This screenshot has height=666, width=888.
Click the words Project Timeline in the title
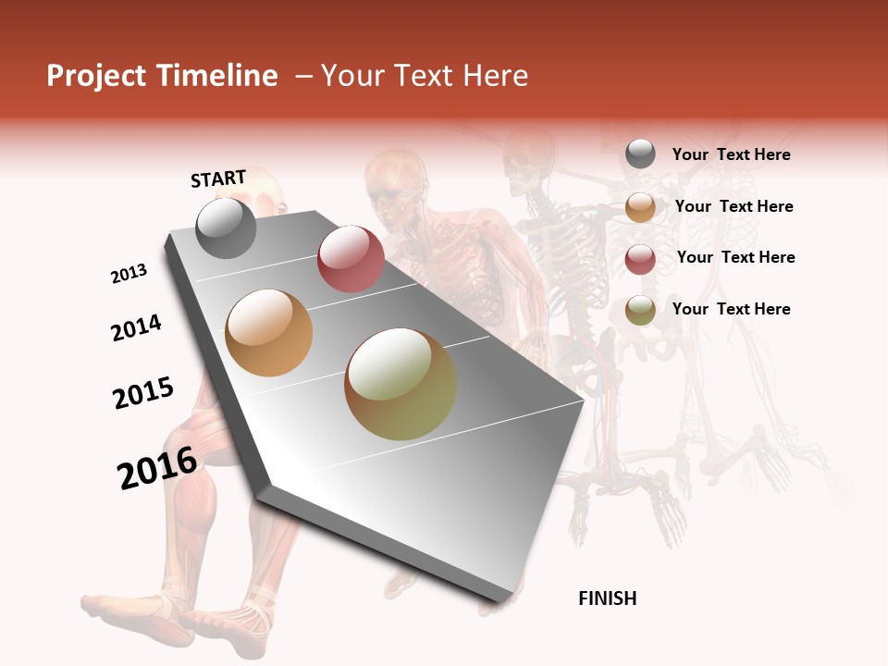[162, 76]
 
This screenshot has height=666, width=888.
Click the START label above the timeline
[218, 179]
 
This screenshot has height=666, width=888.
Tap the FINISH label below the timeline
[607, 598]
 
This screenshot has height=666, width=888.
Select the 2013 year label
[129, 274]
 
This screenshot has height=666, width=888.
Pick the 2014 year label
[136, 327]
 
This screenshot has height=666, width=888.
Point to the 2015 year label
[143, 392]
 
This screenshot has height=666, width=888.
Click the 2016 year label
[157, 467]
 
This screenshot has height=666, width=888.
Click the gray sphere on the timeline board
[226, 228]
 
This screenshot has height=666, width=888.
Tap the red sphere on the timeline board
[351, 259]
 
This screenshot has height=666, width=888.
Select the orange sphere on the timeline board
[269, 333]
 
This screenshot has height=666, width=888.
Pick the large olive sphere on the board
[401, 384]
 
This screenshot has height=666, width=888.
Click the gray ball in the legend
[640, 154]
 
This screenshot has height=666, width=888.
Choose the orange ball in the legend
[640, 207]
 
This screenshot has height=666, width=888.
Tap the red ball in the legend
[640, 259]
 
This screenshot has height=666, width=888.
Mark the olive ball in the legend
[640, 310]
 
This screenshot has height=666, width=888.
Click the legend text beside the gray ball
[731, 154]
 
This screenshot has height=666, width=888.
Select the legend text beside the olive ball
[731, 309]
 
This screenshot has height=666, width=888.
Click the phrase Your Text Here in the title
[425, 76]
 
